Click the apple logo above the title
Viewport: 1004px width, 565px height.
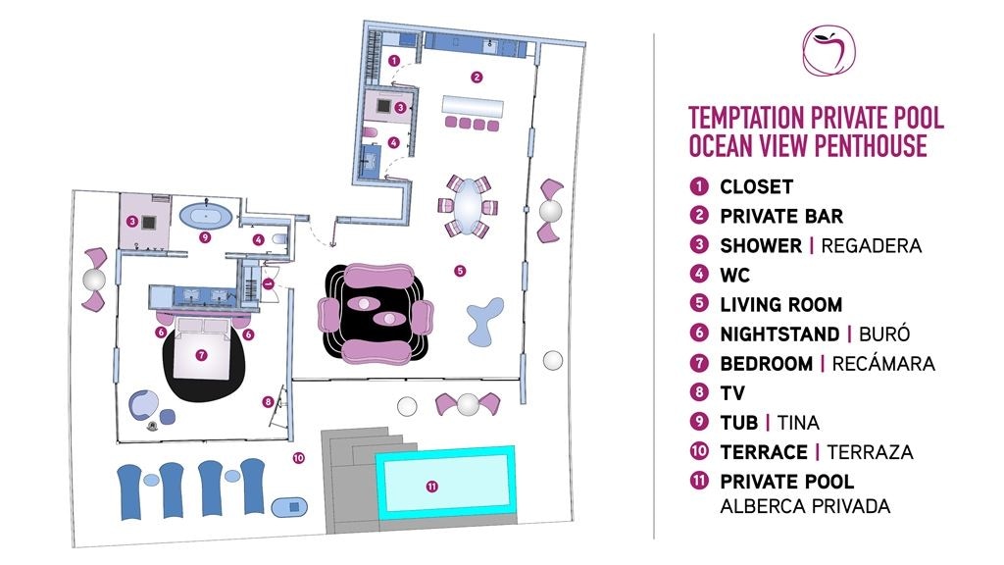click(828, 51)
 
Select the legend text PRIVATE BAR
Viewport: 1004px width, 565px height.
click(780, 216)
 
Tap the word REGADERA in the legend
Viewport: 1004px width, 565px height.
click(871, 245)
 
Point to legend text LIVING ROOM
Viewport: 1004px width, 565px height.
click(780, 304)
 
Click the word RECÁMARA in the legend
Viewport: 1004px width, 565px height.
click(883, 364)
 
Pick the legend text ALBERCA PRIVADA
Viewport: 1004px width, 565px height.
click(805, 506)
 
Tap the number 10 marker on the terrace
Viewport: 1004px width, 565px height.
click(299, 456)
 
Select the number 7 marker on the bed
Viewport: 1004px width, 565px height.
click(202, 354)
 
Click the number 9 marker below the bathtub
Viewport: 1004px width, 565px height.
click(205, 236)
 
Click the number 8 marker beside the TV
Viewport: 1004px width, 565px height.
click(268, 400)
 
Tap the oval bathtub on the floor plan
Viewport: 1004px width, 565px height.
click(208, 214)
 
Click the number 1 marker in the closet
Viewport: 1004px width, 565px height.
click(393, 60)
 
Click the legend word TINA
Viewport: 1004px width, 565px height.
click(798, 423)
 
